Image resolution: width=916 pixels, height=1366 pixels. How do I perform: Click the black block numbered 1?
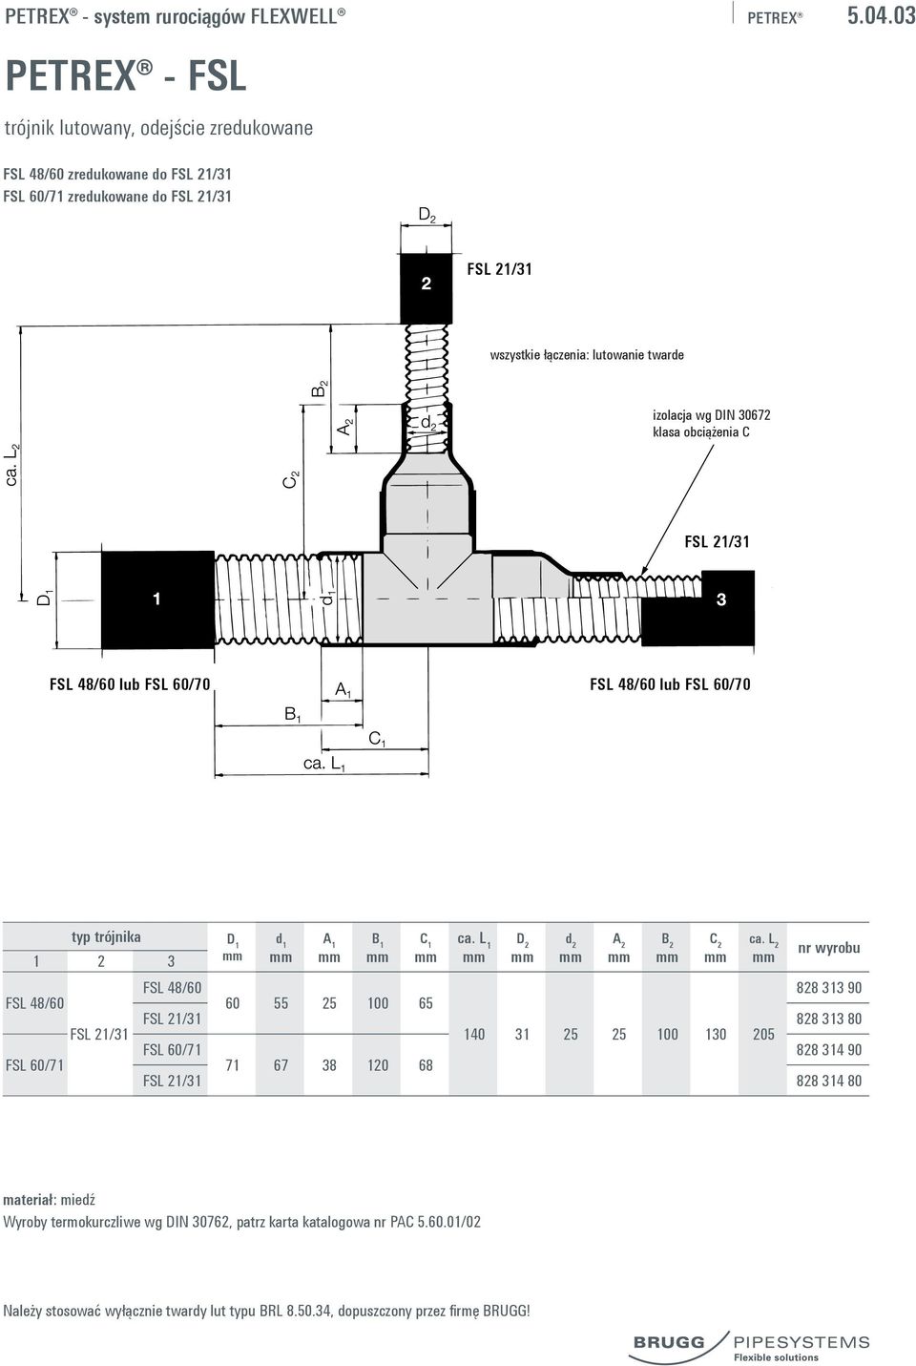[x=157, y=600]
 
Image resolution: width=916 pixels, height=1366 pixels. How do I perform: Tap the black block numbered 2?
[x=426, y=288]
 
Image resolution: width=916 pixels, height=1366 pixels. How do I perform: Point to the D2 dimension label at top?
[x=427, y=216]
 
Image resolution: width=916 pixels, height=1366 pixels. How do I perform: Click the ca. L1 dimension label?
[x=324, y=764]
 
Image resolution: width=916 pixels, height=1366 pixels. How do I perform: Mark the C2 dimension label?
[x=291, y=479]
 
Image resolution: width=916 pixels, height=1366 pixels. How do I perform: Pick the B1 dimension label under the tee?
[x=293, y=714]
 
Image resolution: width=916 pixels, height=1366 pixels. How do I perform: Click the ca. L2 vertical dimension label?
[x=12, y=465]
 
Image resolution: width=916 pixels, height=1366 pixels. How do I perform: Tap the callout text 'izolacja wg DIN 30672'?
[x=711, y=415]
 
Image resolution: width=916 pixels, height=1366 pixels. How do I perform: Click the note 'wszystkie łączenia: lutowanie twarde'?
[x=587, y=355]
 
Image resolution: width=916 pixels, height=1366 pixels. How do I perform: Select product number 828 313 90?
[x=829, y=987]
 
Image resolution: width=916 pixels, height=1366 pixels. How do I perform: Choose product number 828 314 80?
[x=829, y=1081]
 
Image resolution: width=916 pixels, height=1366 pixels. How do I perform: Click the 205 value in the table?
[x=763, y=1034]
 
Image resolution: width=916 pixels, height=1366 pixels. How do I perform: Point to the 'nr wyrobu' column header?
[x=829, y=948]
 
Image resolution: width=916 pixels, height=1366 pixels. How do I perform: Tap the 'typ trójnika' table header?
[x=105, y=936]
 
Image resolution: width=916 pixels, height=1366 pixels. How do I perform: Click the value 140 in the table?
[x=473, y=1034]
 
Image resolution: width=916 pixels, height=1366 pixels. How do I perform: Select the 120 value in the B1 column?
[x=377, y=1065]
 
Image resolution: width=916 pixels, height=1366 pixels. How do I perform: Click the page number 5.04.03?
[x=882, y=15]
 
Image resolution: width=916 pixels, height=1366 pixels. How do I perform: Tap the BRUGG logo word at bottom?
[x=669, y=1342]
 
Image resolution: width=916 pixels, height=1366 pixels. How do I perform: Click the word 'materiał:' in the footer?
[x=30, y=1200]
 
